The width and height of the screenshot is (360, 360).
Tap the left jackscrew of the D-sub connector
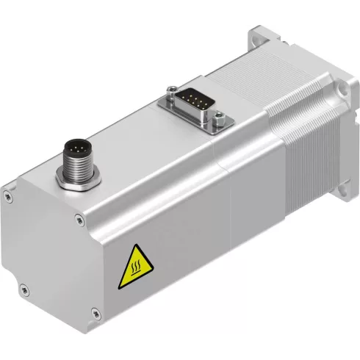pyautogui.click(x=170, y=91)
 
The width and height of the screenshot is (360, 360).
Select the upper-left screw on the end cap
pyautogui.click(x=7, y=195)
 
